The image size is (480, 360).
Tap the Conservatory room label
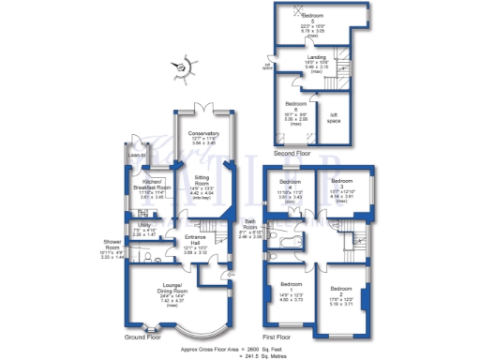tap(204, 134)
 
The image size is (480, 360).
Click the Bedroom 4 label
tap(289, 183)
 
